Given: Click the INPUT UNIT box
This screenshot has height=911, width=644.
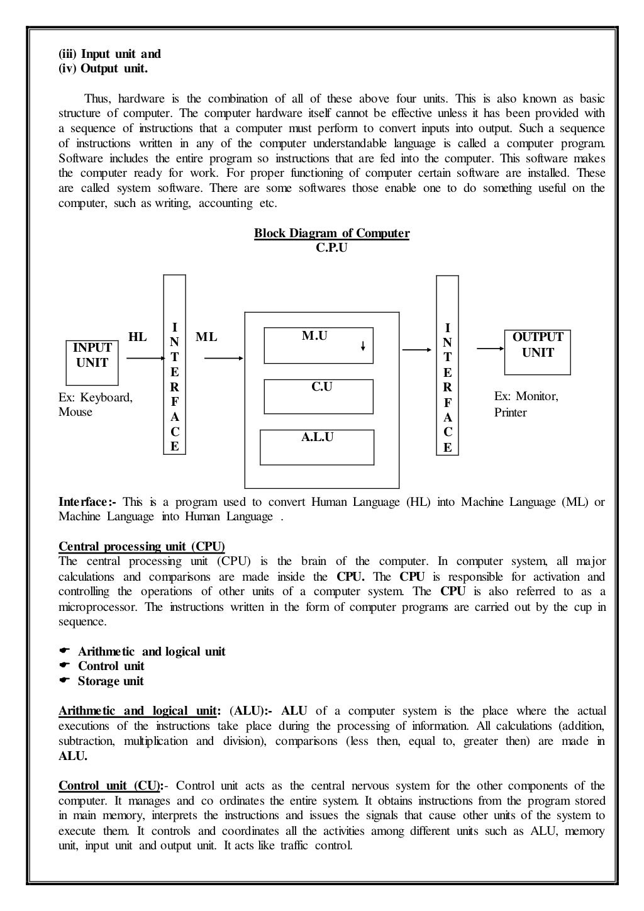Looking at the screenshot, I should point(92,362).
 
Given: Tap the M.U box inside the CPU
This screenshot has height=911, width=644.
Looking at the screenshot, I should point(318,345).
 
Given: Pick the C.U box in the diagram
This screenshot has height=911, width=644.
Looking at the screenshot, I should point(318,396).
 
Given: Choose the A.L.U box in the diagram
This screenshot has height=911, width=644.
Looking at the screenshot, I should point(317,447).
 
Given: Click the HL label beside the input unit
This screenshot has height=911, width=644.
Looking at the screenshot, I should point(137,337).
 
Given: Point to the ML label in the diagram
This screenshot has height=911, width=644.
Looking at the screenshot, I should point(206,337).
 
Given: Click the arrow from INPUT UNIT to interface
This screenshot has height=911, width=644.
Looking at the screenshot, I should point(145,359).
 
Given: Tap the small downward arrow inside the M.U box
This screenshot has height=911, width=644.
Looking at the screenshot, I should point(363,345).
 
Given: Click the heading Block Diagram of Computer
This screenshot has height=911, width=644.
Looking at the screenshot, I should point(331,233).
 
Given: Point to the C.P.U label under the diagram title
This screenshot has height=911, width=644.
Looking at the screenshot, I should point(331,248).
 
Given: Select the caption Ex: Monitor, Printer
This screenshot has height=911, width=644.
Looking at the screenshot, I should point(526,405).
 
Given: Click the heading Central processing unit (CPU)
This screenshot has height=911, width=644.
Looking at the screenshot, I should point(142,546).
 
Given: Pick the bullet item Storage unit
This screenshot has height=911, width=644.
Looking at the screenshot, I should point(111,681).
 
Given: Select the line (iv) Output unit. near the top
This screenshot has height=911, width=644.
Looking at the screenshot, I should point(103,69).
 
